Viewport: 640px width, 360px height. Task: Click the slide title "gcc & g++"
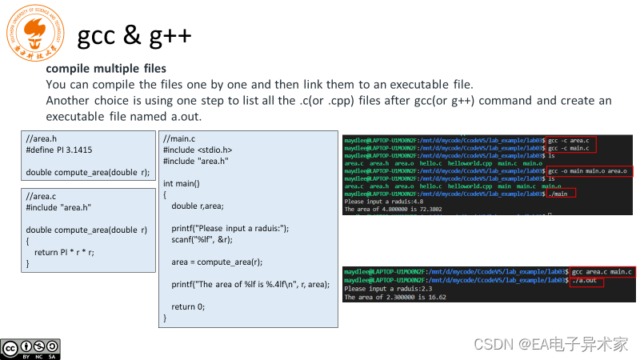pos(134,36)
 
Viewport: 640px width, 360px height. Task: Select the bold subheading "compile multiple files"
pos(106,69)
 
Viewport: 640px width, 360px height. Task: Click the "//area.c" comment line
pos(42,196)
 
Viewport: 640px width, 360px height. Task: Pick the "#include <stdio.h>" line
pos(198,150)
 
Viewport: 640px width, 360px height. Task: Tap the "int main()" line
pos(185,183)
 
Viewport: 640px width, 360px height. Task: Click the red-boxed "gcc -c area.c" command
pos(572,141)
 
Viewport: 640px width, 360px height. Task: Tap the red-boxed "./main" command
pos(562,194)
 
